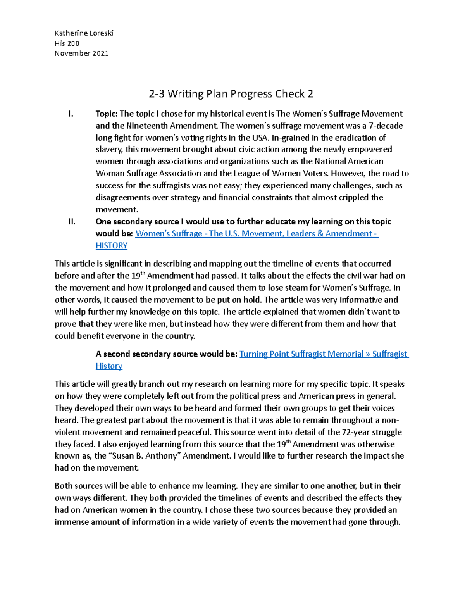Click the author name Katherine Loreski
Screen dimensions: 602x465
coord(84,33)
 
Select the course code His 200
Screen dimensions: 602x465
coord(67,43)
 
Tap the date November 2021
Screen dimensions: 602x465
coord(81,53)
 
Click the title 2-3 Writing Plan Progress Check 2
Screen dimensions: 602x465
coord(231,94)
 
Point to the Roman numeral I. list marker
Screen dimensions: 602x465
coord(70,114)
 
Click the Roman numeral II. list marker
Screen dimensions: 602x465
coord(71,222)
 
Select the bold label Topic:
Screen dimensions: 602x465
coord(107,114)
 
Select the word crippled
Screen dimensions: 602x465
coord(350,198)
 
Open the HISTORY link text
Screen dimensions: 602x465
coord(112,246)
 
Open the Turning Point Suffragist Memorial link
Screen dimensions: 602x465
coord(302,354)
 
